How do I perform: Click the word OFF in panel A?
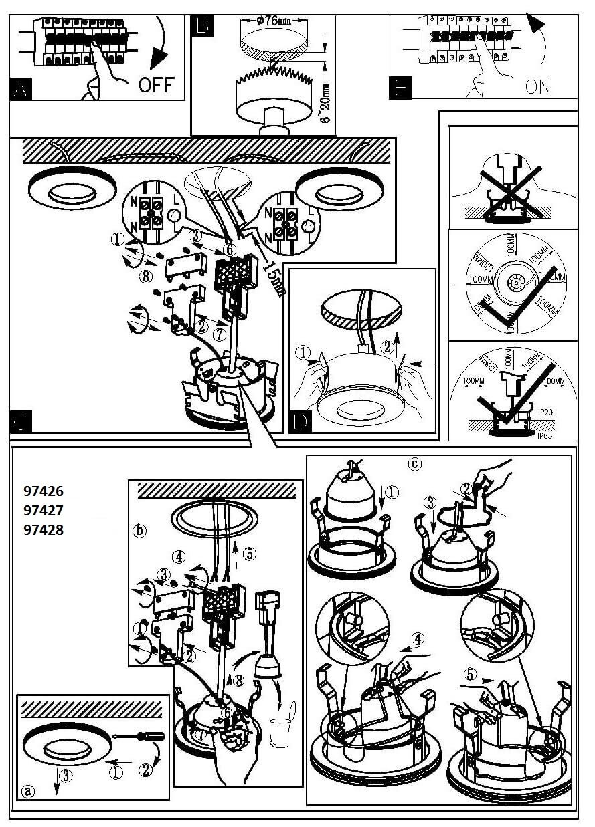[x=156, y=84]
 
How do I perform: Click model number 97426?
[x=43, y=491]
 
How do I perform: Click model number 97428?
[x=43, y=531]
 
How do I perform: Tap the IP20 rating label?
[x=545, y=412]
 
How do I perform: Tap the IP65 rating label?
[x=545, y=435]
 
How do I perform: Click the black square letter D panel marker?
[x=301, y=421]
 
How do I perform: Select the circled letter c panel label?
[x=416, y=463]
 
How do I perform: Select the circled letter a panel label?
[x=28, y=790]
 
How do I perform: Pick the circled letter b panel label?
[x=139, y=531]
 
